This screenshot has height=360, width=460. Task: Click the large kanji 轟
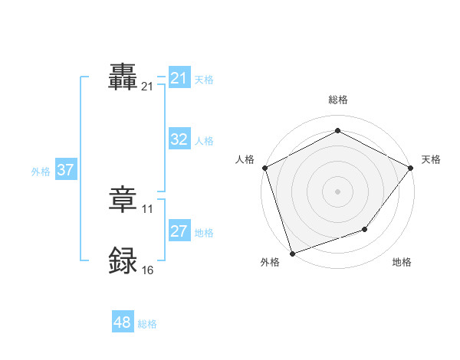coord(123,77)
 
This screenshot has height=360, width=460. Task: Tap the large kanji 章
coord(123,200)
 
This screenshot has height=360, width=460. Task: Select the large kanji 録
coord(123,261)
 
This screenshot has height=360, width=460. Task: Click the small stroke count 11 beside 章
coord(148,208)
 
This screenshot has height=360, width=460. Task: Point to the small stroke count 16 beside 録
coord(148,270)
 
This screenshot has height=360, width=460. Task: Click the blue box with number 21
coord(179,78)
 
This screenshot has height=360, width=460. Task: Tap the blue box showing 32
coord(179,139)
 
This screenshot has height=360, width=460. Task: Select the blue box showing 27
coord(179,231)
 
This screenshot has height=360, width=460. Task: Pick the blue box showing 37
coord(65,170)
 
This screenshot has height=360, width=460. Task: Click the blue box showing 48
coord(123,322)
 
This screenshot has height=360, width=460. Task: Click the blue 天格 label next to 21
coord(204,79)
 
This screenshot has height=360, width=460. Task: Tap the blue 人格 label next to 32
coord(204,140)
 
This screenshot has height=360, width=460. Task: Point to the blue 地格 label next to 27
coord(204,232)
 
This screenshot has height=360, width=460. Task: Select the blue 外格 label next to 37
coord(41,171)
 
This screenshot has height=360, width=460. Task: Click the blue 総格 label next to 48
coord(147,323)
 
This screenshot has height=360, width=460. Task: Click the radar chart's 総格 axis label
coord(337,100)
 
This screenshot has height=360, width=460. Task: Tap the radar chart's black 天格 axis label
coord(431,159)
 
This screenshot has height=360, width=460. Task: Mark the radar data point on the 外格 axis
coord(292,253)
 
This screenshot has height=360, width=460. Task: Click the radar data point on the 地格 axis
coord(365,229)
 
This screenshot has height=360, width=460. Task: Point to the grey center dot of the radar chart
coord(337,191)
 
